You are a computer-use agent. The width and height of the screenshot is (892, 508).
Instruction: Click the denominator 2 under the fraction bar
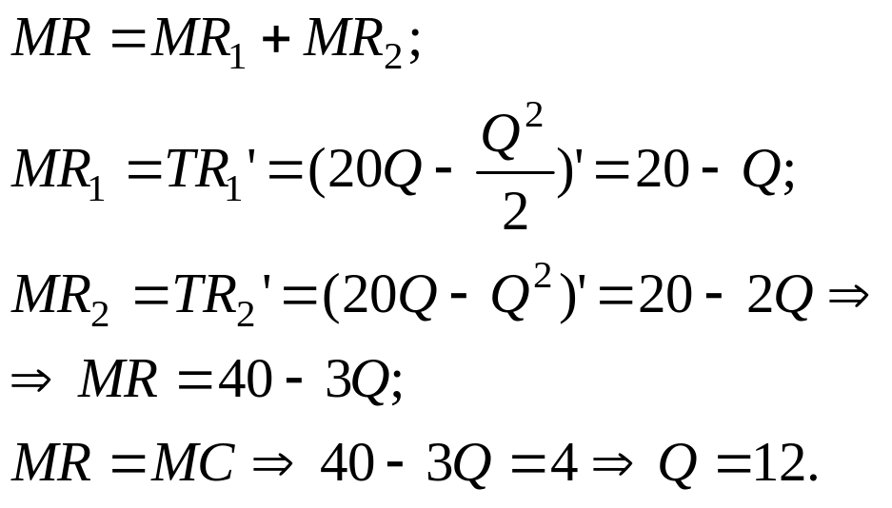point(514,211)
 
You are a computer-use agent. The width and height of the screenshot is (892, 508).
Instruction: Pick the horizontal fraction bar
point(514,173)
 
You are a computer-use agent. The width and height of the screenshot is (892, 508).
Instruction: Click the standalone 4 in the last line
point(564,464)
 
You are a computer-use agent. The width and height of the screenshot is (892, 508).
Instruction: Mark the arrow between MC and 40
point(274,464)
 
